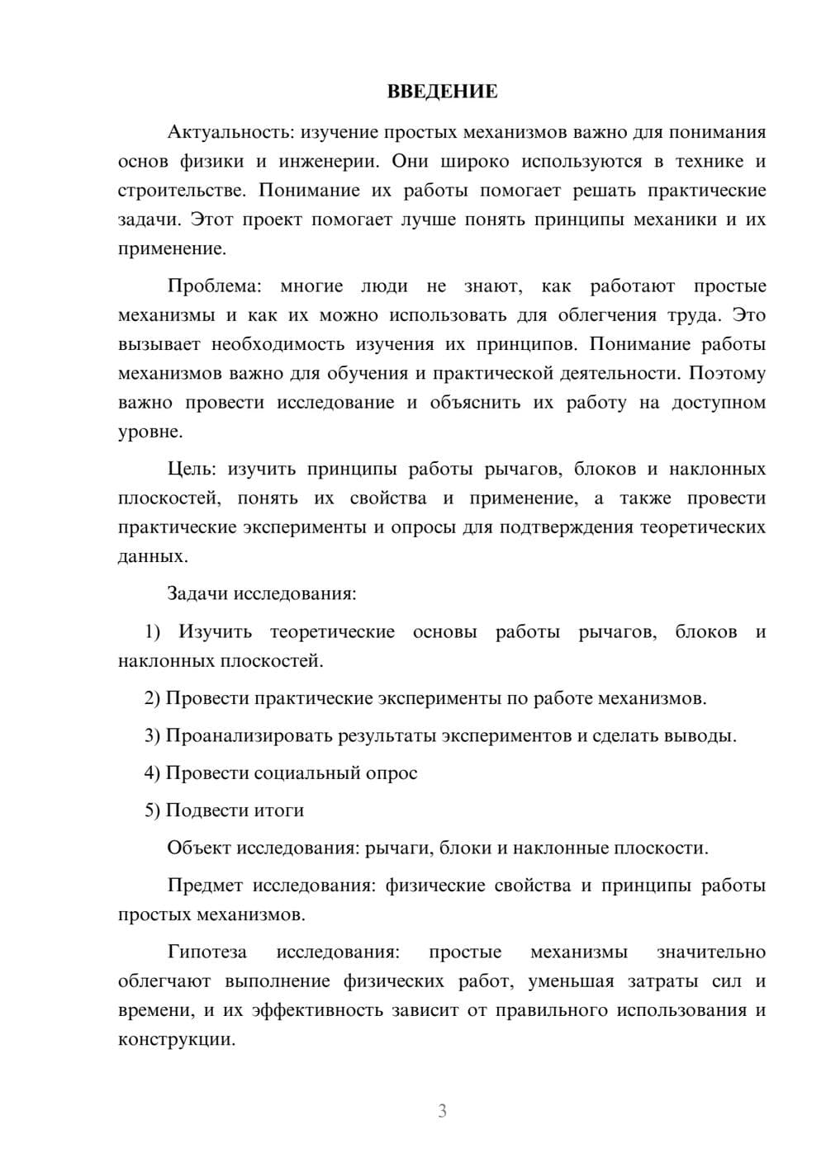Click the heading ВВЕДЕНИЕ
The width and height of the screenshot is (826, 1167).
[442, 92]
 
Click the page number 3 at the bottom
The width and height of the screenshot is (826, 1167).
[442, 1111]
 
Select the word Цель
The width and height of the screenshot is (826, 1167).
[191, 470]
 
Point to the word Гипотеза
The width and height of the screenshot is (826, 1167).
[207, 952]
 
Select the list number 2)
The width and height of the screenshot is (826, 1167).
[152, 698]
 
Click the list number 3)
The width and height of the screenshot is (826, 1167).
[152, 736]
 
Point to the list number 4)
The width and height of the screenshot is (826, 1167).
[152, 773]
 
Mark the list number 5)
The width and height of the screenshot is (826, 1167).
[152, 810]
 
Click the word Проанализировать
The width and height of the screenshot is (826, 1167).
[249, 736]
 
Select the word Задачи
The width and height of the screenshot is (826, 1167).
[198, 594]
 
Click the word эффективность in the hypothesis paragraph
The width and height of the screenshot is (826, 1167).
[317, 1011]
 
